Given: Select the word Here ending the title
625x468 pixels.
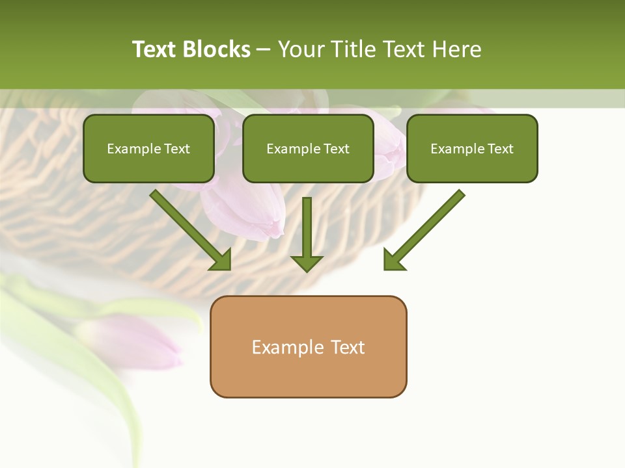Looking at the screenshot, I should [459, 49].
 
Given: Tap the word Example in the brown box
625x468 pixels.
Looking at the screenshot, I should [287, 347].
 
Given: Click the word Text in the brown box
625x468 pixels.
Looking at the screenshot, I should [348, 347].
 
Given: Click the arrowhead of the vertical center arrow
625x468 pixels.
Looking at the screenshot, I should [307, 263].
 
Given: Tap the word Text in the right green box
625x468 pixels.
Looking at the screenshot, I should [501, 149].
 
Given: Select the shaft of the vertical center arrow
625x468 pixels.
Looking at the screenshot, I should [307, 224].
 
